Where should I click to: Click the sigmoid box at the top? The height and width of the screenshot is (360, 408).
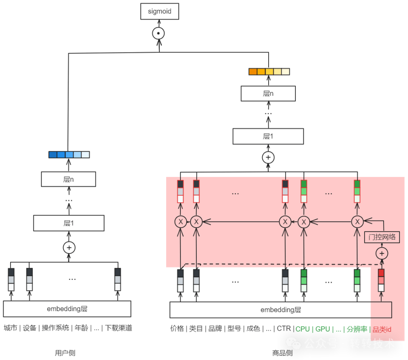(x=159, y=11)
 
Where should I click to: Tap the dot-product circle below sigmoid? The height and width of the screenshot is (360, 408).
(x=158, y=33)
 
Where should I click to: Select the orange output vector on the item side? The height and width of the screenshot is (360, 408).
(x=269, y=71)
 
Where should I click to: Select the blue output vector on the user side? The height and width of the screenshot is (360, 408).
(x=69, y=154)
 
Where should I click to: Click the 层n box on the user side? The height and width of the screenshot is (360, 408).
(x=68, y=179)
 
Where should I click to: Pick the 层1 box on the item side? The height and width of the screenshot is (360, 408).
(x=268, y=136)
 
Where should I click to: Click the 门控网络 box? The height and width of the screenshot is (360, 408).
(x=382, y=237)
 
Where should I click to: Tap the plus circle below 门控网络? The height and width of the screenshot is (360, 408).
(x=382, y=253)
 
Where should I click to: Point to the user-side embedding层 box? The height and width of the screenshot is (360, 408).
(x=67, y=309)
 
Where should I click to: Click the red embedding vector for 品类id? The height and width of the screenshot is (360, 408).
(x=381, y=281)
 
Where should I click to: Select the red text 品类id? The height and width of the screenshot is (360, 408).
(x=382, y=329)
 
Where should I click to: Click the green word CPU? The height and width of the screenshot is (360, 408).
(x=303, y=329)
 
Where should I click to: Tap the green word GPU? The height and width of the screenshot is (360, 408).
(x=323, y=329)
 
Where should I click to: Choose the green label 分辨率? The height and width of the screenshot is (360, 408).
(x=357, y=329)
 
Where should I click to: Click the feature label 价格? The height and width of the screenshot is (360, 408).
(x=177, y=329)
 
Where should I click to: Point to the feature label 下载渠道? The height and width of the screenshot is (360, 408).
(x=119, y=328)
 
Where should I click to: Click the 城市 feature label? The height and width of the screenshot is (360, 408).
(x=11, y=328)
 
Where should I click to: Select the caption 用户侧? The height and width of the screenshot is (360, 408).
(x=65, y=353)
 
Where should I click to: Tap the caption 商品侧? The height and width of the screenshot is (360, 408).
(x=282, y=353)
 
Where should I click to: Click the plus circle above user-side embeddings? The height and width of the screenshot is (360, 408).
(x=69, y=247)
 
